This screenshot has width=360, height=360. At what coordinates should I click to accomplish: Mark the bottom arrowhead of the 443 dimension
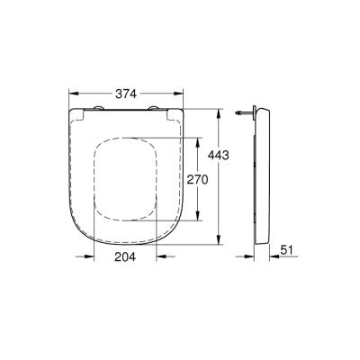tap(219, 240)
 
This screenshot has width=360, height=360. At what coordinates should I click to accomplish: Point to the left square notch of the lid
tap(82, 113)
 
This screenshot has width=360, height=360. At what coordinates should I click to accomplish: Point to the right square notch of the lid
tap(175, 113)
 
